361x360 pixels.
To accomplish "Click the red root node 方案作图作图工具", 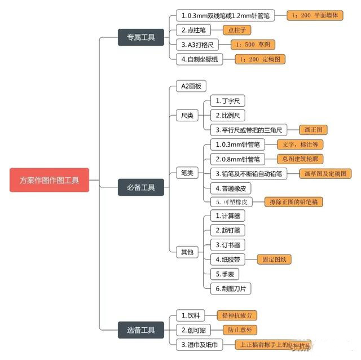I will [50, 181].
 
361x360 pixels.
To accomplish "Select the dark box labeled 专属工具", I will [140, 38].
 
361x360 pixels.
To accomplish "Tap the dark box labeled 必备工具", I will [140, 187].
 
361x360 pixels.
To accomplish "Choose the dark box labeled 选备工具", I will [140, 330].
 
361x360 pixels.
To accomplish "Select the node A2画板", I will [191, 86].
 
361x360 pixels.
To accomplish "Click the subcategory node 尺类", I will [187, 116].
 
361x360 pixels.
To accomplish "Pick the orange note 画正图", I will [312, 130].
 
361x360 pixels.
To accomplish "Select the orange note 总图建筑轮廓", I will [300, 159].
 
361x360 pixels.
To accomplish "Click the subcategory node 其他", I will [187, 252].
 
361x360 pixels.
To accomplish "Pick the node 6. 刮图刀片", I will [231, 288].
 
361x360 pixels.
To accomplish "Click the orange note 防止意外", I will [241, 330].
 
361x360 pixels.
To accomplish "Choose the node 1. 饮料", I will [190, 315].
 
